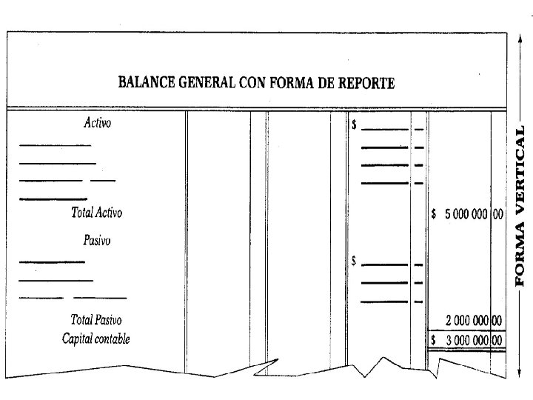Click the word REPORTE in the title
coord(366,82)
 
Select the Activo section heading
coord(97,124)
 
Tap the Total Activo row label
coord(96,213)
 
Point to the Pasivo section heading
coord(97,241)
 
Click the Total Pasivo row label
coord(95,320)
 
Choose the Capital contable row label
coord(95,339)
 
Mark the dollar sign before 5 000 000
coord(434,215)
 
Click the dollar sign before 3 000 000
coord(434,340)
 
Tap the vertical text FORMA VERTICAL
coord(520,205)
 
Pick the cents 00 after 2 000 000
coord(497,321)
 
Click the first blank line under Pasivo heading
coord(52,261)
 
